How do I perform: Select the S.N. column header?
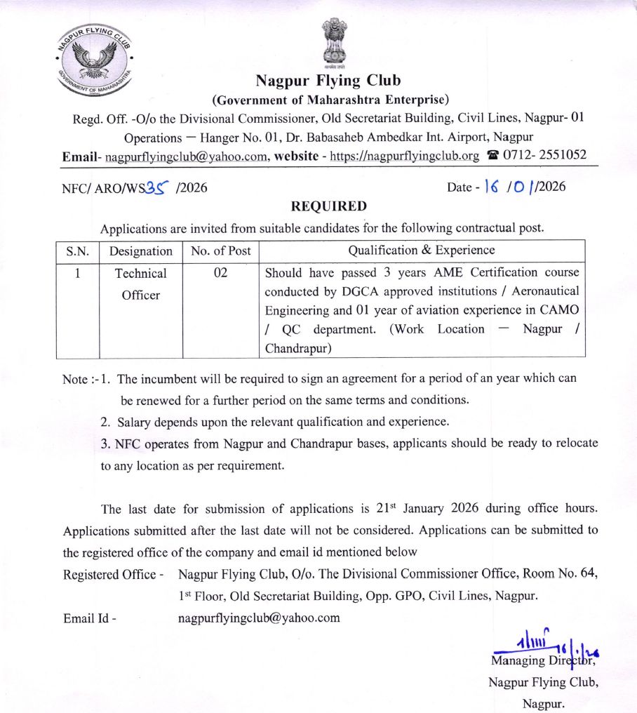coord(77,251)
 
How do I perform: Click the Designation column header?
coord(140,251)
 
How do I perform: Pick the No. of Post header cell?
coord(220,251)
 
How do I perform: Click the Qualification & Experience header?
coord(421,250)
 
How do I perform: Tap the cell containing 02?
coord(220,273)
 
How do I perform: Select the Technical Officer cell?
coord(140,284)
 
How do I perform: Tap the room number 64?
coord(589,574)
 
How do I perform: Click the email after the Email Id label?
coord(259,618)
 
